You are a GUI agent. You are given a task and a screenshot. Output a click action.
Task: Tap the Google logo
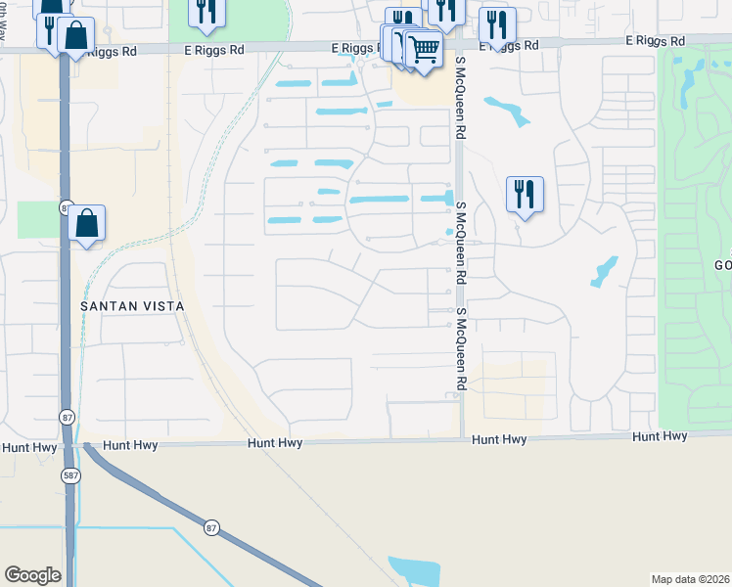(x=32, y=575)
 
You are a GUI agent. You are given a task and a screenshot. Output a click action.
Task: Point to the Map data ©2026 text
(x=691, y=578)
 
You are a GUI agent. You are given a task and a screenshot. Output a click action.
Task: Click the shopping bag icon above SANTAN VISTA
(x=86, y=222)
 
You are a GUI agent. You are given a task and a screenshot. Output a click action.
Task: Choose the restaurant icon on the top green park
(x=206, y=10)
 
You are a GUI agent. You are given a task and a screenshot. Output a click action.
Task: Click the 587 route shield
(x=71, y=475)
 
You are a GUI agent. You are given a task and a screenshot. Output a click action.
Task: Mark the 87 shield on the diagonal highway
(x=212, y=528)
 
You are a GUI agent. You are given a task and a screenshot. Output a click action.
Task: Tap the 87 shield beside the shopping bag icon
(x=66, y=207)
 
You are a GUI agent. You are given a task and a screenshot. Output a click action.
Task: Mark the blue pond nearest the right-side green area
(x=604, y=270)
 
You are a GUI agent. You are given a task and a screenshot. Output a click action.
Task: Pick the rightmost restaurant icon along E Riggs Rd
(x=498, y=23)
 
